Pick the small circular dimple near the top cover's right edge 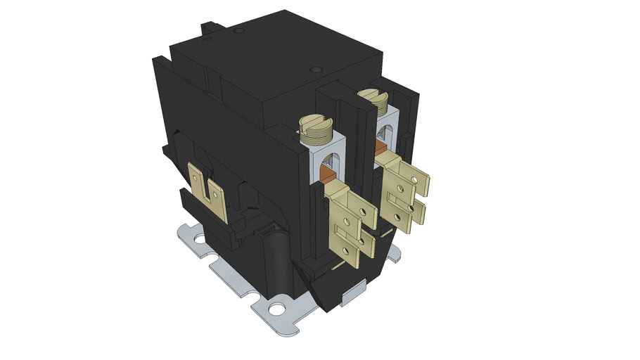(x=315, y=70)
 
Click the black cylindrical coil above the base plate (x=274, y=260)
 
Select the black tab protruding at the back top (x=209, y=28)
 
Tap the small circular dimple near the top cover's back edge (x=239, y=31)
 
